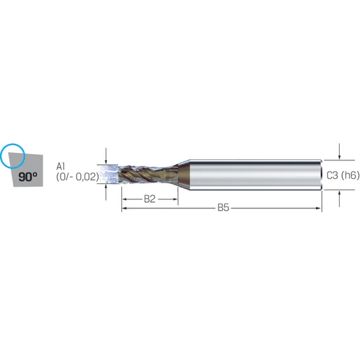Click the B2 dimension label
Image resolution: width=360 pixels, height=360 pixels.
pyautogui.click(x=150, y=199)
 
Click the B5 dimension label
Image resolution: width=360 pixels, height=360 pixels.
pyautogui.click(x=223, y=208)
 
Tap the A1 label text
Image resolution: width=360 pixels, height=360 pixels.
pyautogui.click(x=61, y=167)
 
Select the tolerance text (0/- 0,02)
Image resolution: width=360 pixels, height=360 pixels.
pyautogui.click(x=78, y=177)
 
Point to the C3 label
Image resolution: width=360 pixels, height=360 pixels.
pyautogui.click(x=332, y=176)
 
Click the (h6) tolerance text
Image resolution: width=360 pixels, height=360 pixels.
pyautogui.click(x=350, y=176)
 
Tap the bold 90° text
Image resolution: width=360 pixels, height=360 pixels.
pyautogui.click(x=28, y=177)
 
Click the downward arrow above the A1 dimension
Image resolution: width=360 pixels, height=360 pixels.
pyautogui.click(x=106, y=156)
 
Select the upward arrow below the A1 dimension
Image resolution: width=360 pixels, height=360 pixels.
pyautogui.click(x=106, y=192)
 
